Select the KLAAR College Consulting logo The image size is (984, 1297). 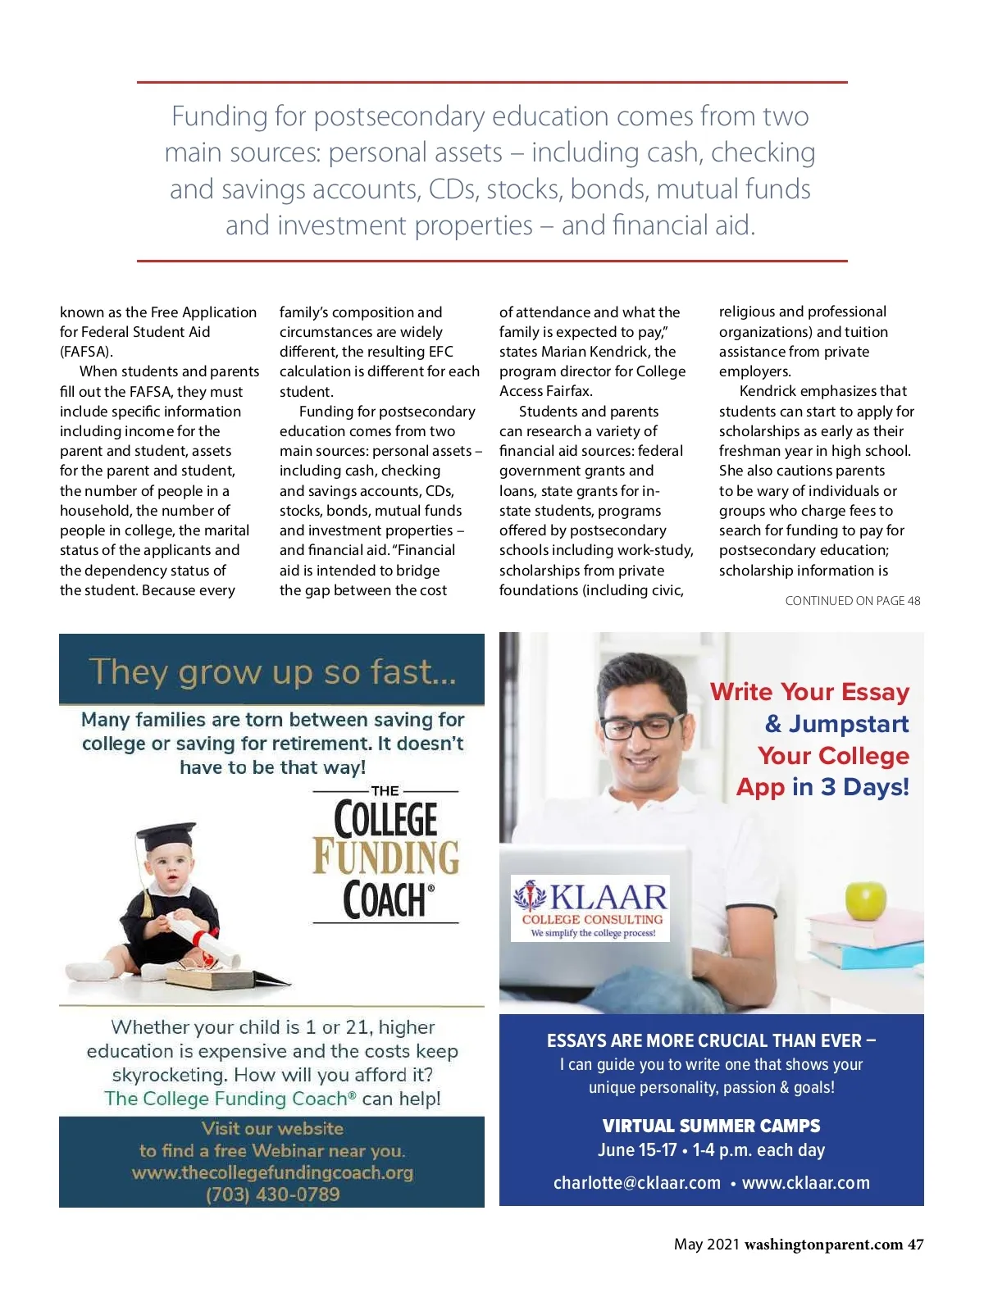pyautogui.click(x=590, y=908)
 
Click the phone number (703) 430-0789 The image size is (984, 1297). pyautogui.click(x=272, y=1194)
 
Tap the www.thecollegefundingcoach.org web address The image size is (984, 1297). pyautogui.click(x=272, y=1172)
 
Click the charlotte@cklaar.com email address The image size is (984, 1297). pyautogui.click(x=637, y=1183)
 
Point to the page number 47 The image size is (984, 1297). pyautogui.click(x=915, y=1245)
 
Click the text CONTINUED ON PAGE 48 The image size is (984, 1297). pyautogui.click(x=852, y=601)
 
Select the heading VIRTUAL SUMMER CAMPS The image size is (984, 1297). pyautogui.click(x=711, y=1126)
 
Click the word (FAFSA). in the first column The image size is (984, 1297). pyautogui.click(x=86, y=352)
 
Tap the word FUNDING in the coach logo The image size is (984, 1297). pyautogui.click(x=386, y=858)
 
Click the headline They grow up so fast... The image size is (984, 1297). pyautogui.click(x=272, y=671)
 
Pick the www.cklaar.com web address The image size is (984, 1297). pyautogui.click(x=805, y=1183)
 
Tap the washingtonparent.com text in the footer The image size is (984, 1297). pyautogui.click(x=823, y=1245)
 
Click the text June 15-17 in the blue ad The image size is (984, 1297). pyautogui.click(x=637, y=1150)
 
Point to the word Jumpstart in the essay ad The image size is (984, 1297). pyautogui.click(x=848, y=724)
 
